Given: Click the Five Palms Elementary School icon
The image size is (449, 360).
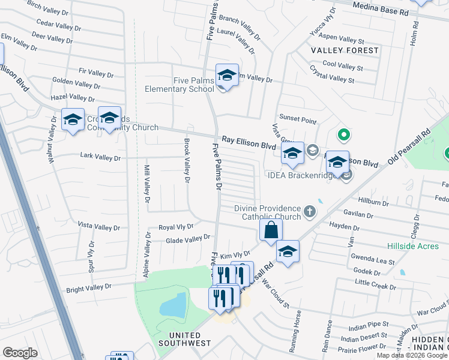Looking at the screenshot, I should (227, 76).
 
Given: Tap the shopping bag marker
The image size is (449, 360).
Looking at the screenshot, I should (271, 230).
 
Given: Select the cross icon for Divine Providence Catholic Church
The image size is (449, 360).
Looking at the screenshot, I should (309, 211).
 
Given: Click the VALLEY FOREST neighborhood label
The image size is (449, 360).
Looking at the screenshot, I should (345, 50).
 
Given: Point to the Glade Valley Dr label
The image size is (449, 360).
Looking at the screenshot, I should (187, 239).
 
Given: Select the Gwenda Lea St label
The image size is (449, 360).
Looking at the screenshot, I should (373, 262).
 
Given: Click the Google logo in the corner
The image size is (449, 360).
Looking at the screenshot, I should (20, 352).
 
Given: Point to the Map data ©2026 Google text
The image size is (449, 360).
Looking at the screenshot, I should (412, 355).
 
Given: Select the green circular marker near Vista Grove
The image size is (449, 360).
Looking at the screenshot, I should (343, 135).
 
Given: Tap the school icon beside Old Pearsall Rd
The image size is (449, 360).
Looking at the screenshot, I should (288, 252).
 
